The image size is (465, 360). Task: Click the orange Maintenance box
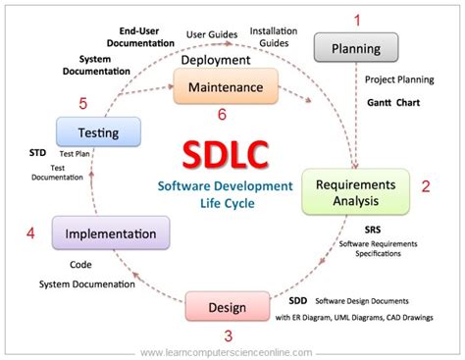tap(219, 87)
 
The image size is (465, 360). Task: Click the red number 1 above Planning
tap(358, 19)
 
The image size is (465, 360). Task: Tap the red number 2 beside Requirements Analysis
tap(426, 185)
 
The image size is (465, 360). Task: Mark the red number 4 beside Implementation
tap(31, 234)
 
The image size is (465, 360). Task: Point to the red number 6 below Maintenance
tap(222, 115)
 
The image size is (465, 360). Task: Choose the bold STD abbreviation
tap(37, 154)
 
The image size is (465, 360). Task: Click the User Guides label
tap(211, 34)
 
